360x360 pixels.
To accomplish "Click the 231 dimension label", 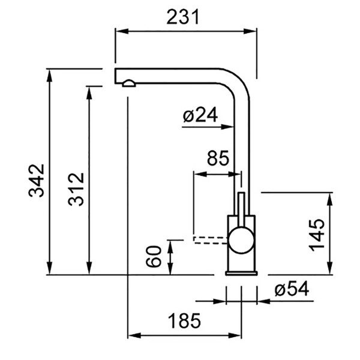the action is tap(182, 17).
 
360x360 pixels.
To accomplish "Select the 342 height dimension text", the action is tap(36, 181).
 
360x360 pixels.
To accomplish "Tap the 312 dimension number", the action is tap(76, 189).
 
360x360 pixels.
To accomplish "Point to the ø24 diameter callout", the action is tap(200, 115).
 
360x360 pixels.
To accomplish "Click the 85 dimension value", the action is tap(218, 158).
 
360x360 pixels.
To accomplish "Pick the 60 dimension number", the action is tap(154, 257).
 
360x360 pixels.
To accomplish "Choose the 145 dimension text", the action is tap(317, 235).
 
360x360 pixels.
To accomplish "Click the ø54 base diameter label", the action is tap(292, 289).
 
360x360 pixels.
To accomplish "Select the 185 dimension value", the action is tap(184, 321).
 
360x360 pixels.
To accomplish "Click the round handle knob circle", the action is tap(241, 240).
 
